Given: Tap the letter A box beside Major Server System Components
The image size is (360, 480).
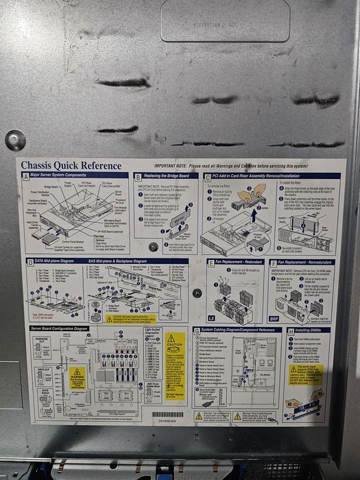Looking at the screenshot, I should point(26,176).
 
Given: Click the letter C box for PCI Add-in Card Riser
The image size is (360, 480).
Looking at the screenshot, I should point(207,176).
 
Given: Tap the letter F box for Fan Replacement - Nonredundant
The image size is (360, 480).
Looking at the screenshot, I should point(273,262).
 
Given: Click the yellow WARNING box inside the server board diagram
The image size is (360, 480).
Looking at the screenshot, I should point(77,376).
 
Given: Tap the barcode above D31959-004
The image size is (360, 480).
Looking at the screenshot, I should point(167,415).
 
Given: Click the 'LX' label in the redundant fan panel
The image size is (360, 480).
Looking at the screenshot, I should point(212,317).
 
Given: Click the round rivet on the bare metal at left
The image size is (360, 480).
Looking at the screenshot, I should point(14,140).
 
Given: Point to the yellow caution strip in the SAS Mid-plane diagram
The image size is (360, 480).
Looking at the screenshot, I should point(130,318).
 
